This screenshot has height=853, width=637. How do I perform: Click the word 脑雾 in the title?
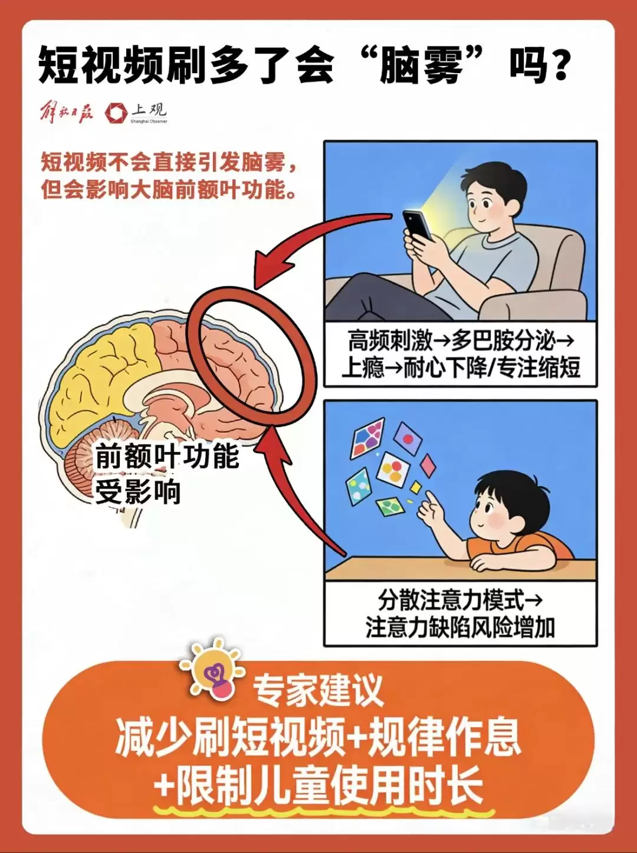(x=421, y=65)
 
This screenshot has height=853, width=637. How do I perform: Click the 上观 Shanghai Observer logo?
(x=137, y=112)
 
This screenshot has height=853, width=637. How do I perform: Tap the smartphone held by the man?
(x=418, y=225)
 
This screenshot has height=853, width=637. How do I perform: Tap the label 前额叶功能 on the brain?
(x=167, y=456)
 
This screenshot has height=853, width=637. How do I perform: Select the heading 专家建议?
(x=318, y=690)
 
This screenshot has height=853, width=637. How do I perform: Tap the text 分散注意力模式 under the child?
(x=451, y=601)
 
